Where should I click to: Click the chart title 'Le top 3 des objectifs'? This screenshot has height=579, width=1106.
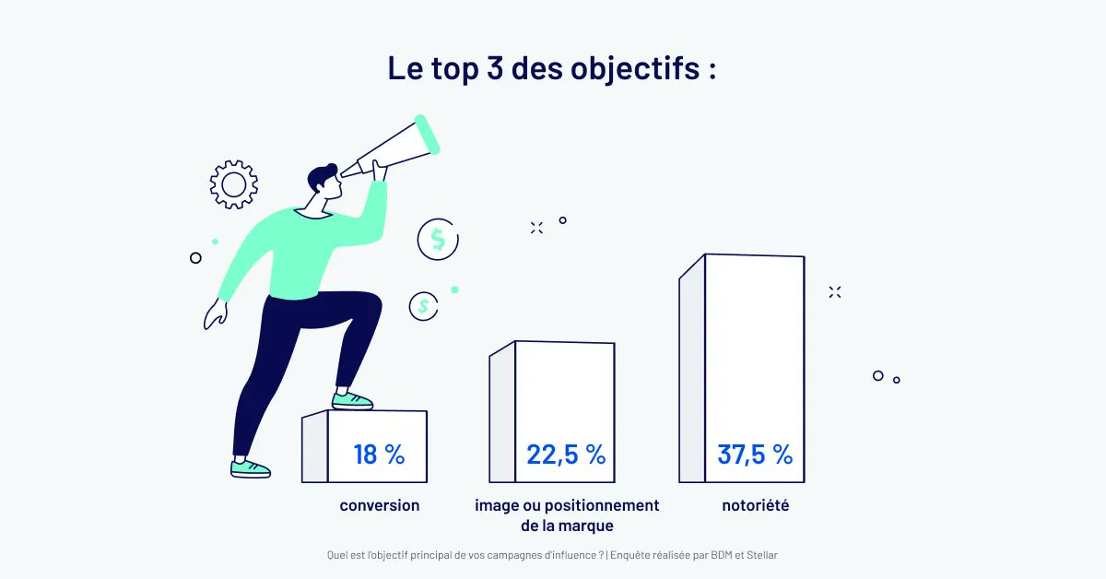coord(551,69)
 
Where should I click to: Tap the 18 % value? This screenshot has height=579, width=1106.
coord(379,454)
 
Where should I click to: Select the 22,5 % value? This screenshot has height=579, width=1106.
coord(565,454)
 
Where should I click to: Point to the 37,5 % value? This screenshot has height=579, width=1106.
coord(755,454)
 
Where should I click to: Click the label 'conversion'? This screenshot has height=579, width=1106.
coord(379,505)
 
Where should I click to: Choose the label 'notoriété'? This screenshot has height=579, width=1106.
coord(756,505)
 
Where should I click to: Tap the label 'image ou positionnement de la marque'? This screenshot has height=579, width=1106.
coord(566,515)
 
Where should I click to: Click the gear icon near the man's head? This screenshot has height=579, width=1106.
coord(233,184)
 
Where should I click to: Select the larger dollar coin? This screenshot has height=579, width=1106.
coord(437,240)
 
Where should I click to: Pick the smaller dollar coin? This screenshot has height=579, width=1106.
coord(423,305)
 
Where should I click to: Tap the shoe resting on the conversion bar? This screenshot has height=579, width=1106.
coord(353,400)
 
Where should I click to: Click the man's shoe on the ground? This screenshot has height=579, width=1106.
coord(250,468)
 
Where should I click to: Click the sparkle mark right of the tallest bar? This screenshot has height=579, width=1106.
coord(835,292)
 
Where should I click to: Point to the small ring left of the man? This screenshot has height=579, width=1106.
coord(195,258)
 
